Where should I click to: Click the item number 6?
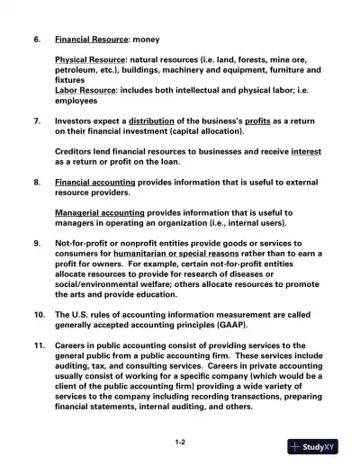tap(37, 40)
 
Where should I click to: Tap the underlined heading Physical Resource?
tap(90, 58)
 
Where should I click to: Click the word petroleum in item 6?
tap(78, 69)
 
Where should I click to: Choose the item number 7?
tap(37, 120)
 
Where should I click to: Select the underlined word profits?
tap(256, 120)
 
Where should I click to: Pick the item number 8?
tap(37, 181)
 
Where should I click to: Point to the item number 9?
tap(37, 243)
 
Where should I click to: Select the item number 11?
tap(39, 345)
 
